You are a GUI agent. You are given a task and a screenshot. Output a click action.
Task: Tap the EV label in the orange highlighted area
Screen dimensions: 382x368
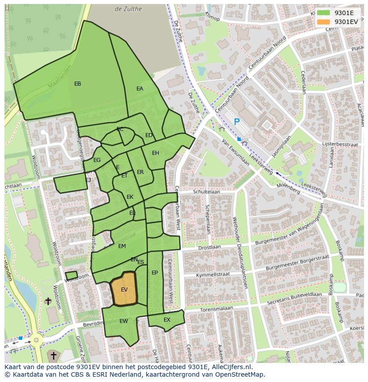(x=124, y=290)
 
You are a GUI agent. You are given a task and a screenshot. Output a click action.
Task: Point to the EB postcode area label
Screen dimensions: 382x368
(x=78, y=84)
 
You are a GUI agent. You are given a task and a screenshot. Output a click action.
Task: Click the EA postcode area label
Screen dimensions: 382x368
(x=140, y=89)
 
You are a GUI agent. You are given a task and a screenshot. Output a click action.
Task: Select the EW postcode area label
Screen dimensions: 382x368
(x=124, y=321)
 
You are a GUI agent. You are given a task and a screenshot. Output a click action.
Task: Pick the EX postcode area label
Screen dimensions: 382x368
(x=167, y=319)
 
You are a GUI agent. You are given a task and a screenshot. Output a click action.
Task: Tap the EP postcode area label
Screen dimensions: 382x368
(x=155, y=273)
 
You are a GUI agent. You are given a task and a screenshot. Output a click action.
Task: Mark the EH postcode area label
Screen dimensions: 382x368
(x=156, y=153)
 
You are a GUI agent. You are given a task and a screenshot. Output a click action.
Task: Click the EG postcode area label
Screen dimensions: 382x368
(x=97, y=160)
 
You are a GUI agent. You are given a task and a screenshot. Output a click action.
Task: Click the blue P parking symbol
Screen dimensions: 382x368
(x=237, y=122)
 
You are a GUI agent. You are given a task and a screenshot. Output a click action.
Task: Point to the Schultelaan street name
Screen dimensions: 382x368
(x=207, y=192)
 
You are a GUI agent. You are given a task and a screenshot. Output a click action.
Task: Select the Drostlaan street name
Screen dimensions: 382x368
(x=209, y=248)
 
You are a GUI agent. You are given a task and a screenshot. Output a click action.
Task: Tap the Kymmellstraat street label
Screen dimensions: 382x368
(x=213, y=275)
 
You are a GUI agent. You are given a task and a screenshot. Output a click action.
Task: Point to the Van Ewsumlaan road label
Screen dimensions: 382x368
(x=236, y=153)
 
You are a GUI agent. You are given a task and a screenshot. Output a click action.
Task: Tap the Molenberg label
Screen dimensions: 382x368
(x=288, y=189)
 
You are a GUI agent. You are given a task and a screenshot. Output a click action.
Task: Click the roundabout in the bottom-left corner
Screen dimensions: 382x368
(x=35, y=341)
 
